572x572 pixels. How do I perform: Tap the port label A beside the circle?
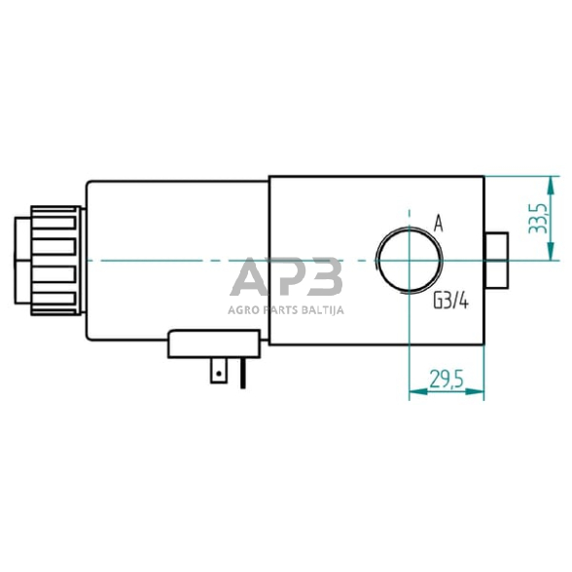point(438,224)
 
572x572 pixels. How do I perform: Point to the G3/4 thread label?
point(451,302)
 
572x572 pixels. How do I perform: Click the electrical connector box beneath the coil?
point(214,344)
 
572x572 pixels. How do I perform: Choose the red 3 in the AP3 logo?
point(323,280)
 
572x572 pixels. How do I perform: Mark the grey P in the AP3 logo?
point(287,280)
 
